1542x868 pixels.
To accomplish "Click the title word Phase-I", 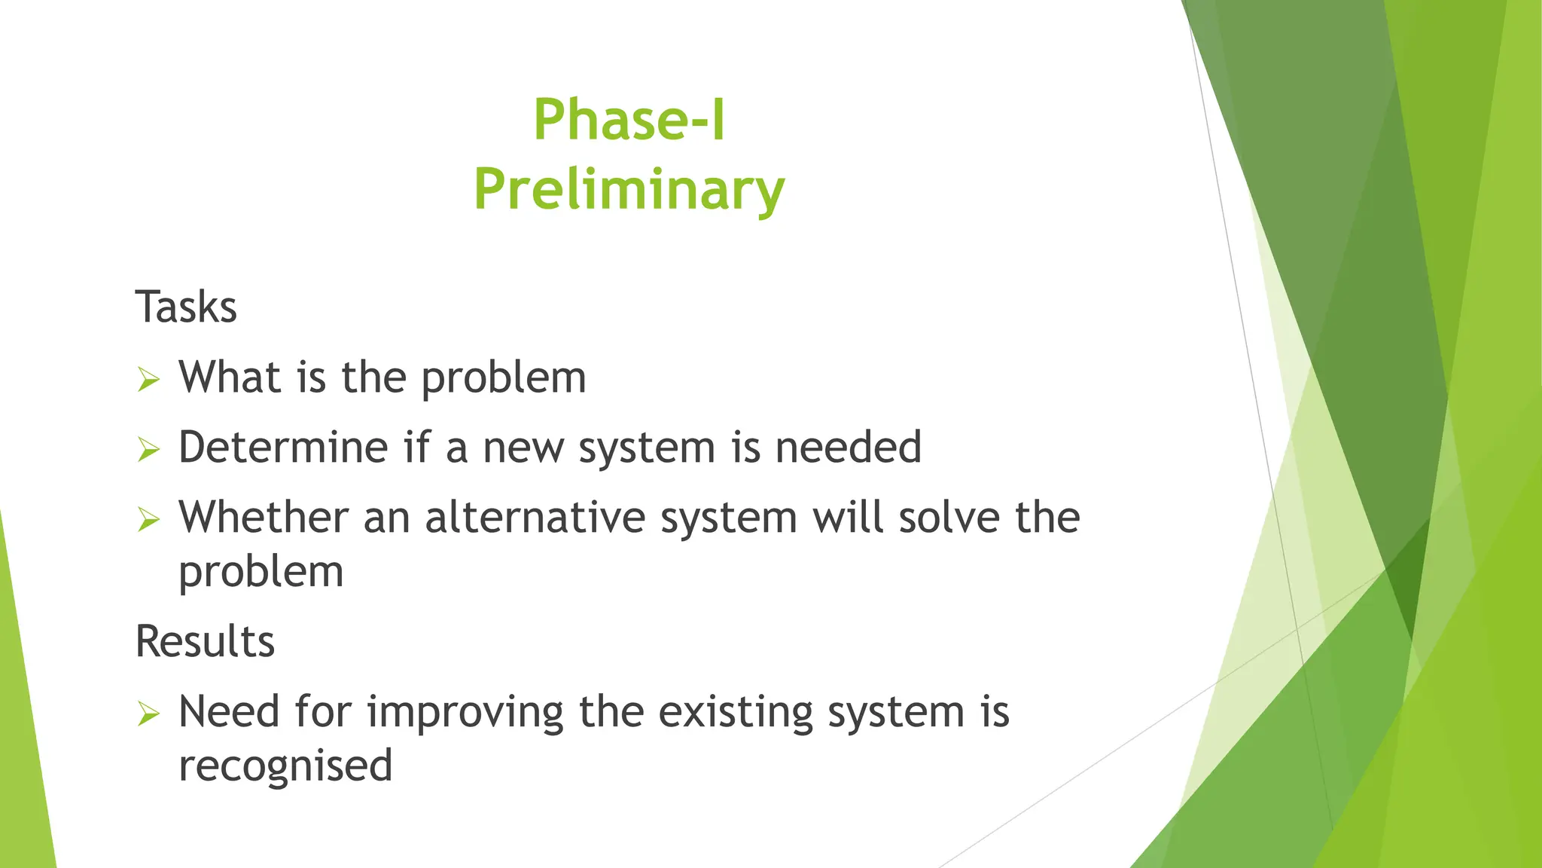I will coord(629,121).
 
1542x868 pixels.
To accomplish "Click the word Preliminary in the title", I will coord(629,190).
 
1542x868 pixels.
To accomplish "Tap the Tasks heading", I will coord(186,307).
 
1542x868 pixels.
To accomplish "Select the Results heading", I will coord(205,642).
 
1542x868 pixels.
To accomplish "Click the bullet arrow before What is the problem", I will coord(149,379).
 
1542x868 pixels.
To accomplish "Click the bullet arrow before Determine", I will coord(149,450).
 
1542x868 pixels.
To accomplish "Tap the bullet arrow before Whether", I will coord(149,519).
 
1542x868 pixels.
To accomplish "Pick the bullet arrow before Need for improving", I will coord(149,713).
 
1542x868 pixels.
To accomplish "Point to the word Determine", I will coord(282,447).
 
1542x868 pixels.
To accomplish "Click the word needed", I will coord(848,447).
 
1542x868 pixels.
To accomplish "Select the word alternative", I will coord(535,518).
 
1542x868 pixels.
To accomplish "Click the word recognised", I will coord(285,766).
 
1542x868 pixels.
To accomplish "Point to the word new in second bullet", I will coord(523,448).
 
